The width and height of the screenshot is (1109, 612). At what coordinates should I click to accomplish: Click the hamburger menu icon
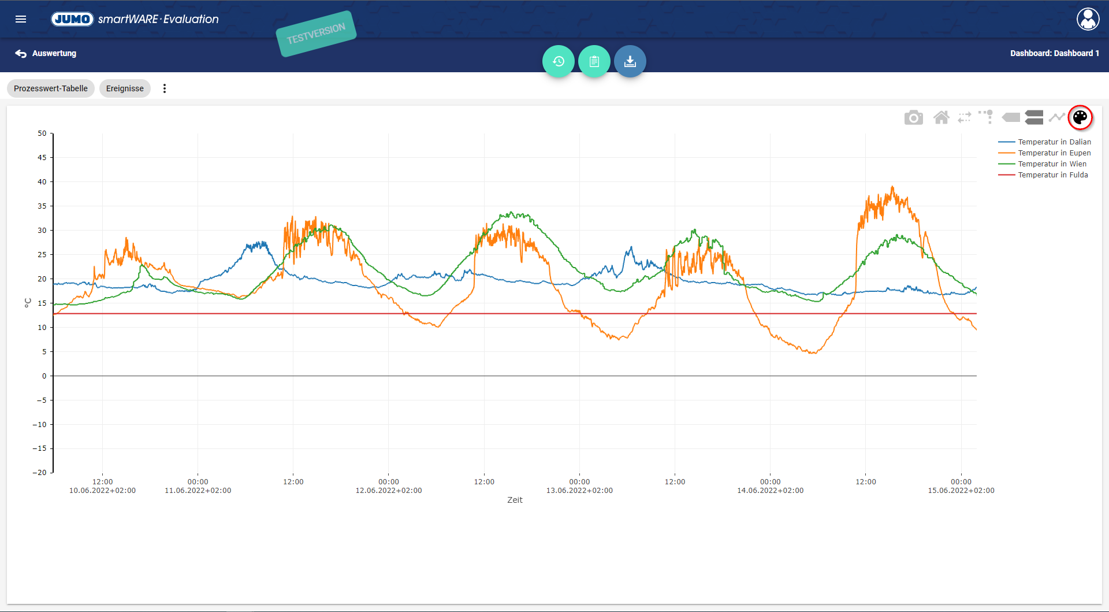[x=21, y=19]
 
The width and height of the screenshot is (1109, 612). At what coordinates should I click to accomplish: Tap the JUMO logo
[x=72, y=19]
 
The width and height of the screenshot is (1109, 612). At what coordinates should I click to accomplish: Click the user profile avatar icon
[x=1088, y=19]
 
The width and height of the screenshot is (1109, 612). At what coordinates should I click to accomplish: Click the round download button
[x=630, y=61]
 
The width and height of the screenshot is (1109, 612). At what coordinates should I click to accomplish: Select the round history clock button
[x=558, y=61]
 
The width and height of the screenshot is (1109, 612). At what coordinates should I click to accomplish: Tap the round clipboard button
[x=594, y=61]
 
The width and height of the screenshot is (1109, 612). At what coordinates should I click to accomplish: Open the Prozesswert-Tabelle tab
[x=51, y=88]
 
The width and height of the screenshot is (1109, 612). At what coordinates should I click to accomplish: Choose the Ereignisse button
[x=125, y=88]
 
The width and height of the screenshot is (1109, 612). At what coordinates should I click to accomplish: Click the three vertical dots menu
[x=165, y=88]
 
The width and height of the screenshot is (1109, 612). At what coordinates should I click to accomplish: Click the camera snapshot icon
[x=913, y=118]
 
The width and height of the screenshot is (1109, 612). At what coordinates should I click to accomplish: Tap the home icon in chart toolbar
[x=941, y=118]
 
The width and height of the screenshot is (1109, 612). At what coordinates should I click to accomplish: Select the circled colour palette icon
[x=1080, y=118]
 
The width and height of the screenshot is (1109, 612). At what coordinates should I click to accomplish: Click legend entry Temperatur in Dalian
[x=1054, y=142]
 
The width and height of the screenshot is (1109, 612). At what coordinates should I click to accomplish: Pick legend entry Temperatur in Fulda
[x=1052, y=175]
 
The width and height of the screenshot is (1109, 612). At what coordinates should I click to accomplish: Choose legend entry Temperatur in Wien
[x=1052, y=164]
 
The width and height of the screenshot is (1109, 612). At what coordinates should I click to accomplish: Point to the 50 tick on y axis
[x=42, y=133]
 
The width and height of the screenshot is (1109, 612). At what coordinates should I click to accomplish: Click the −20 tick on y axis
[x=40, y=473]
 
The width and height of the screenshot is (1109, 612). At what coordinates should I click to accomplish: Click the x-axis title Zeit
[x=515, y=500]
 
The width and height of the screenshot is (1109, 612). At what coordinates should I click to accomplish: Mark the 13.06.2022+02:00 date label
[x=579, y=491]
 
